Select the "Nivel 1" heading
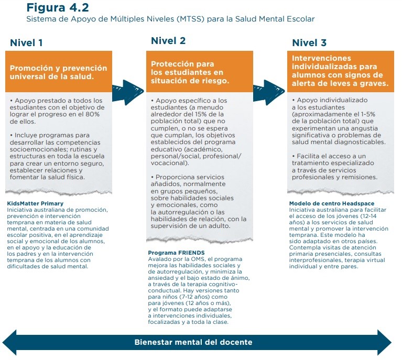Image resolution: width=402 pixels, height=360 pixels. [x=26, y=43]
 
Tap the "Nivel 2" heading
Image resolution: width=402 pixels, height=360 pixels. [x=168, y=41]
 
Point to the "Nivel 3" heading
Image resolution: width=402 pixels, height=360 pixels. [x=309, y=43]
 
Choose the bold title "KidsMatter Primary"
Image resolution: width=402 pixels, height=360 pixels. [x=35, y=203]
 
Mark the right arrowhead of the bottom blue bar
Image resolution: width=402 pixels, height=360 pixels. [x=385, y=342]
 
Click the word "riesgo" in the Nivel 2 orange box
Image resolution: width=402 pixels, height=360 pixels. [x=210, y=81]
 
